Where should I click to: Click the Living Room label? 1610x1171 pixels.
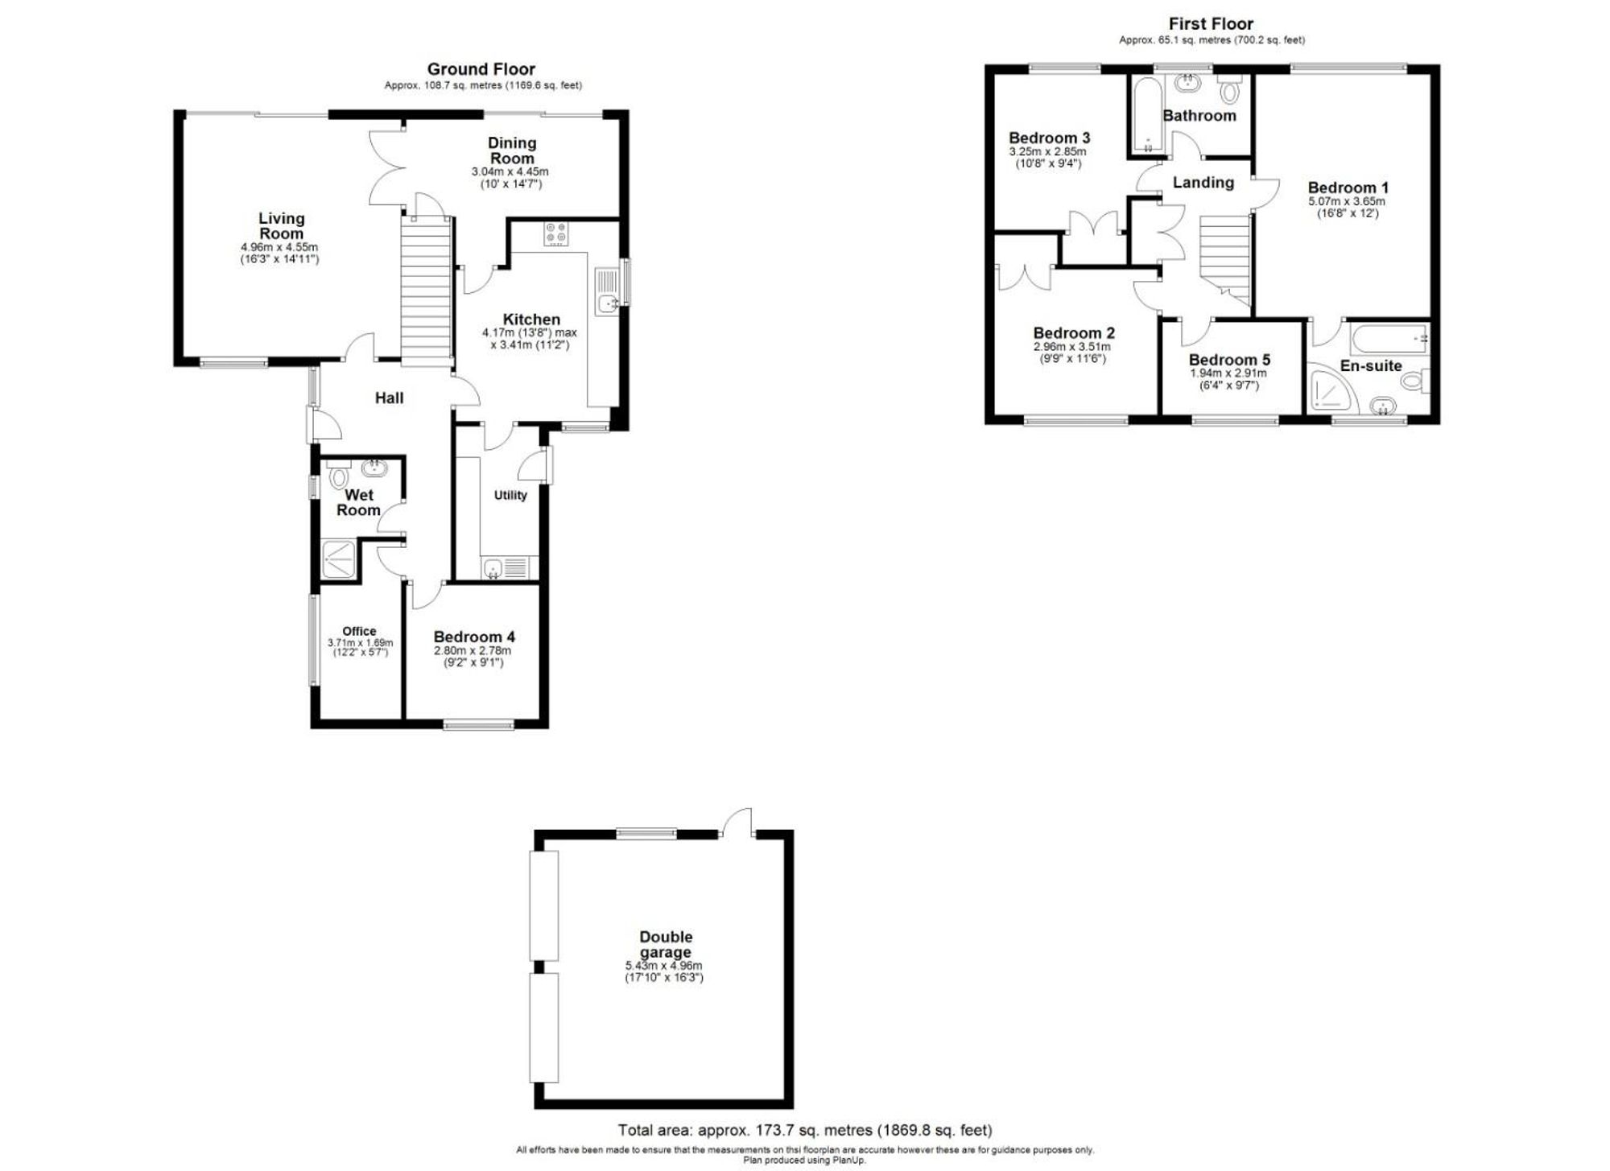tap(281, 226)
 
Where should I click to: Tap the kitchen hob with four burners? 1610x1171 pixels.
tap(555, 233)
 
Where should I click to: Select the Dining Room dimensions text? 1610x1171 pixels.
tap(510, 178)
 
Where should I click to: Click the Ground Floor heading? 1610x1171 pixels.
tap(481, 69)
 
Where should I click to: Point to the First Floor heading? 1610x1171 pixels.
tap(1211, 24)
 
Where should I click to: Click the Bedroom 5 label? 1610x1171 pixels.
tap(1229, 360)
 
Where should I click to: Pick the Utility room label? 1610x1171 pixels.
tap(510, 495)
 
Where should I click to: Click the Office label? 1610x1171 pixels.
tap(359, 631)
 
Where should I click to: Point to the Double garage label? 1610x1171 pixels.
tap(666, 944)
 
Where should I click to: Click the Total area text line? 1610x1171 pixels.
tap(804, 1130)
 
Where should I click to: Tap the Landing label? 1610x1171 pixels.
tap(1203, 183)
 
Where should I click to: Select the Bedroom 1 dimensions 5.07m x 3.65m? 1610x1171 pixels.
tap(1347, 201)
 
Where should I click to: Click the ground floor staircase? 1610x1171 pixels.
tap(426, 290)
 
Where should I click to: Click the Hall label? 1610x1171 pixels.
tap(389, 398)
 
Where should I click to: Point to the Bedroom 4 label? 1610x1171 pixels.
tap(473, 637)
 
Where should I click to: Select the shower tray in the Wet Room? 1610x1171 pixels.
tap(340, 559)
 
